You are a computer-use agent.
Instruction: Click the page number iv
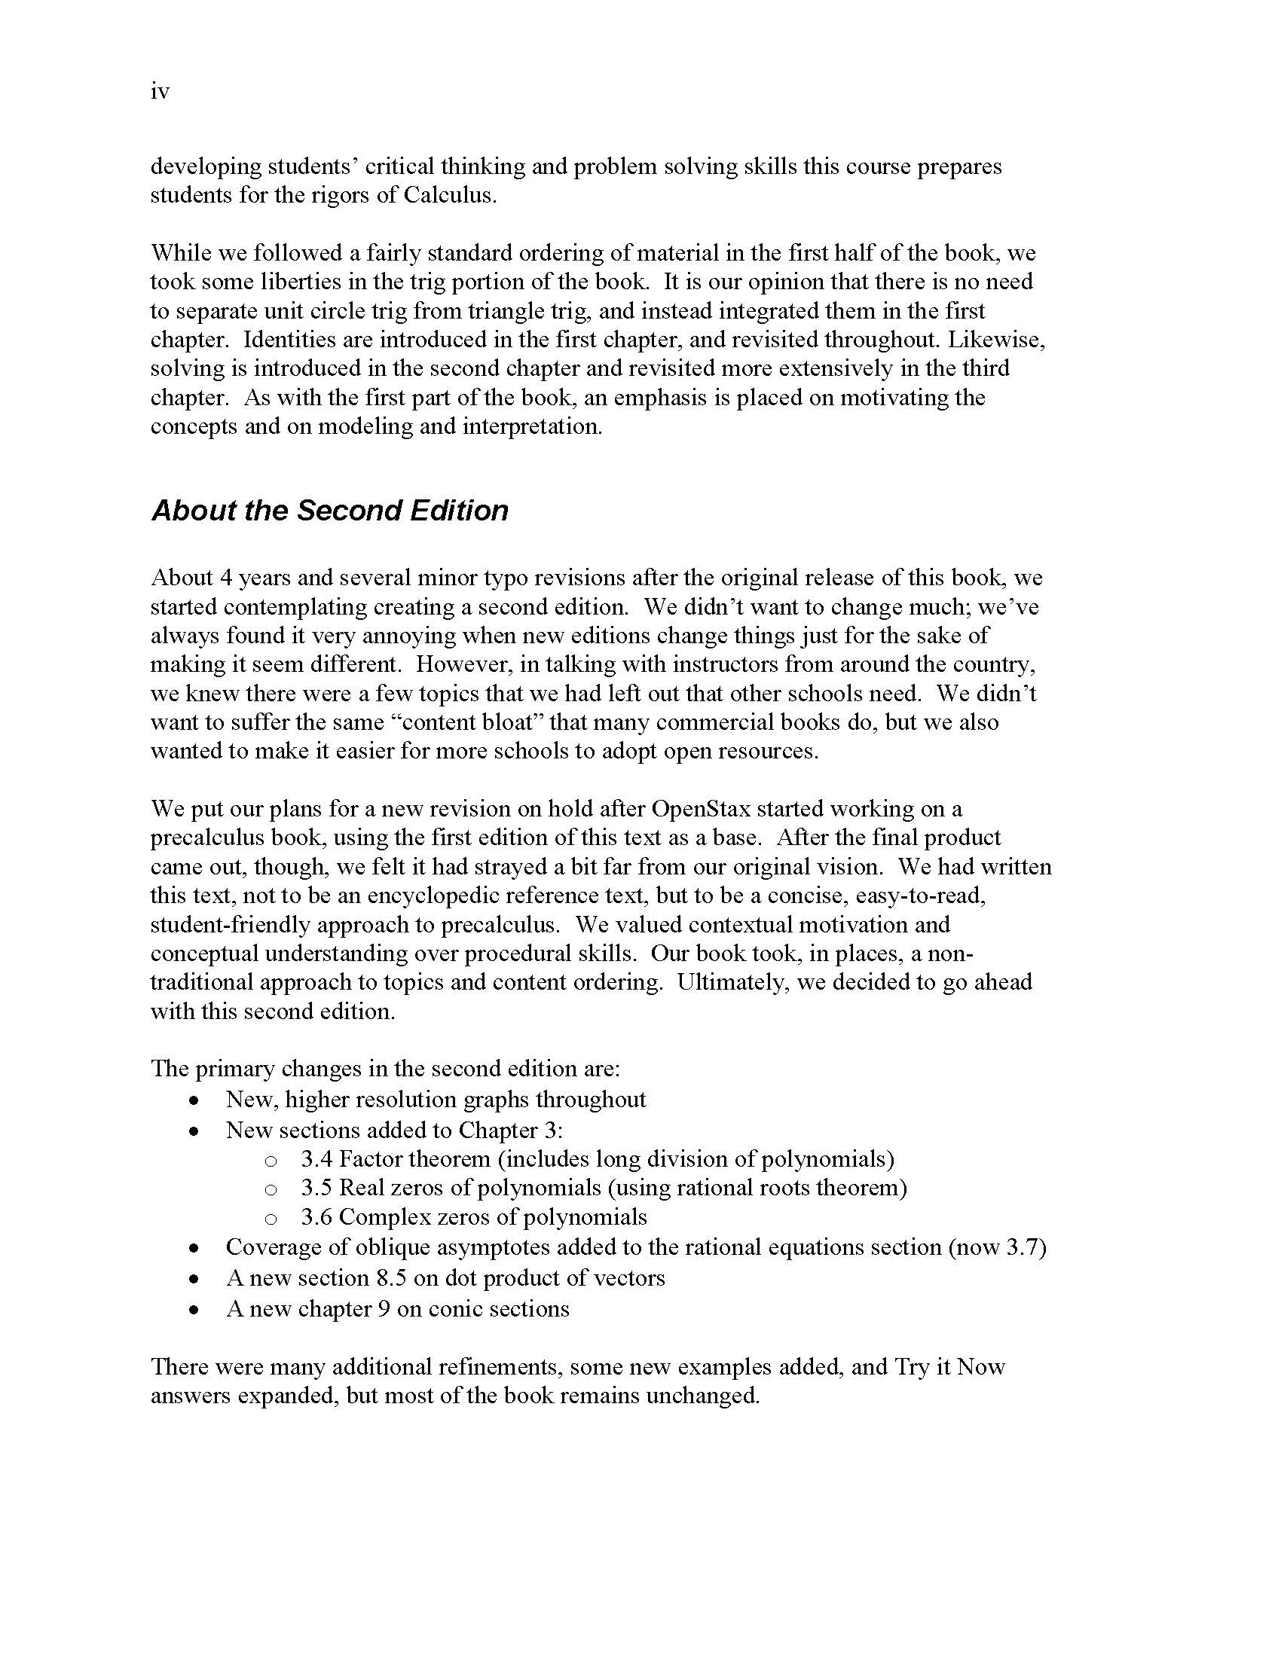(160, 92)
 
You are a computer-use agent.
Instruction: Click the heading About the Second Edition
(329, 511)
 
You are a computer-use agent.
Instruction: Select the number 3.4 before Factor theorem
(316, 1159)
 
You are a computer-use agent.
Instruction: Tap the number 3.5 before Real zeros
(316, 1188)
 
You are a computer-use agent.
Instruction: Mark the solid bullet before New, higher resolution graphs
(195, 1101)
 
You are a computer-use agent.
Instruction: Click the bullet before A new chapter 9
(195, 1311)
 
